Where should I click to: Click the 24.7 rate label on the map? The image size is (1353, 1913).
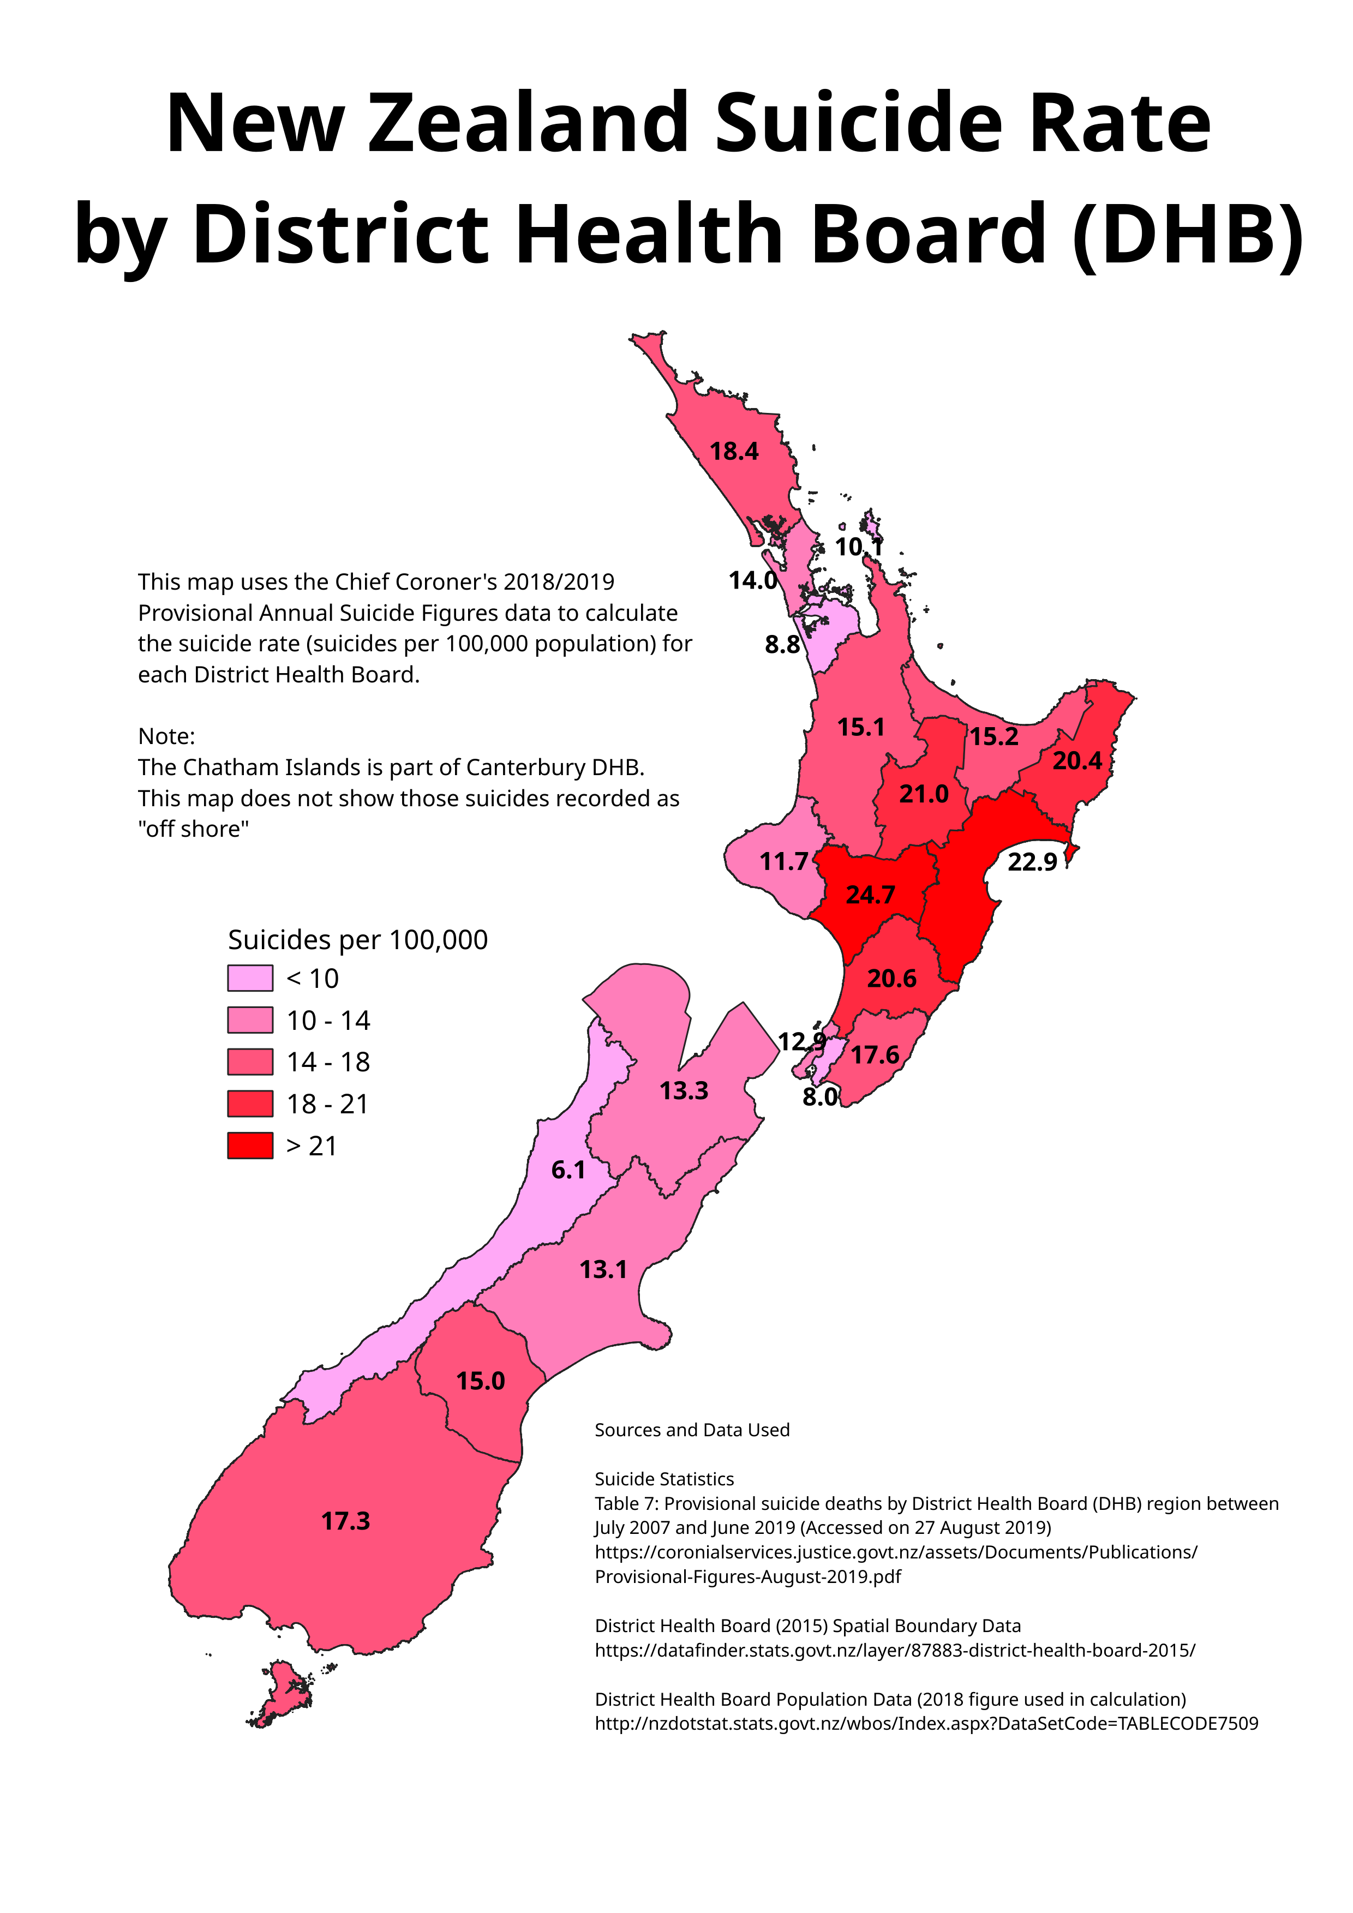tap(871, 895)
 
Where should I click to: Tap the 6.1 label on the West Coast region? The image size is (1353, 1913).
tap(568, 1171)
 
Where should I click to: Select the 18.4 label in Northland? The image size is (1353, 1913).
tap(734, 452)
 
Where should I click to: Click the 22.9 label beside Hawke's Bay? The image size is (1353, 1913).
tap(1032, 862)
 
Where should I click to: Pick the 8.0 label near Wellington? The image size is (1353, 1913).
tap(820, 1098)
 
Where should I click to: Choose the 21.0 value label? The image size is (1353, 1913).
tap(923, 794)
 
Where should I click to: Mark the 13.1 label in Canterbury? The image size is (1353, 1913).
tap(603, 1270)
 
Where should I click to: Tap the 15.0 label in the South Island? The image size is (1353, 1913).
tap(481, 1381)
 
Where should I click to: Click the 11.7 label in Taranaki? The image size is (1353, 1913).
tap(783, 861)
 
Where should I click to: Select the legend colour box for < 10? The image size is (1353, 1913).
tap(250, 978)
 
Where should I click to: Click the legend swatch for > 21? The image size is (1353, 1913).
tap(250, 1146)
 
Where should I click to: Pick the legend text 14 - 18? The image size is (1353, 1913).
tap(328, 1062)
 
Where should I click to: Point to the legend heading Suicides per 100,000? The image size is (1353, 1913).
tap(357, 940)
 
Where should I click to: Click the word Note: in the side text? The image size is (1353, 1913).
tap(166, 736)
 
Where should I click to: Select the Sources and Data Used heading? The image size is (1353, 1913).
tap(691, 1430)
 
